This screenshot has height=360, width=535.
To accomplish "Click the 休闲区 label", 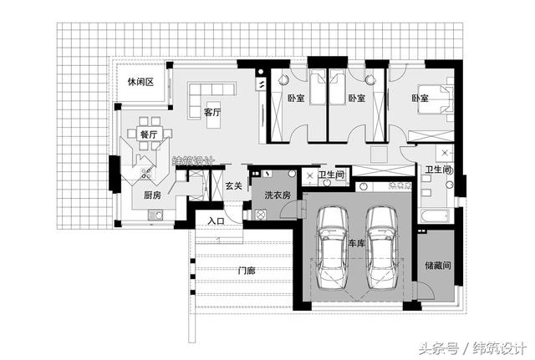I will pos(140,82).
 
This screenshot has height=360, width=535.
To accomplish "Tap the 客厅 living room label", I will pos(211,111).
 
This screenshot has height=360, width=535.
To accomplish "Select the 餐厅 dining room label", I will pos(149,134).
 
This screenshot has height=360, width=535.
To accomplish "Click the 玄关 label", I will pos(234,186).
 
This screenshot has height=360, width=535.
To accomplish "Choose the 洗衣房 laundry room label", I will pos(277,195).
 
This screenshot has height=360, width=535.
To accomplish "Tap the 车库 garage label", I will pos(358,244).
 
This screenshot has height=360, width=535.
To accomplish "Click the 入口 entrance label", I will pos(217,221).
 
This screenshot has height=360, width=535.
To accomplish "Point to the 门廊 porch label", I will pos(245,270).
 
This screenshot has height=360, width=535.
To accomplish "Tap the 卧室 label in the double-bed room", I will pos(420,99).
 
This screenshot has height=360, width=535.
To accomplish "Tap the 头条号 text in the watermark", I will pos(436,347).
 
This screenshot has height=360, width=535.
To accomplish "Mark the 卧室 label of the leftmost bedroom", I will pos(296,99).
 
